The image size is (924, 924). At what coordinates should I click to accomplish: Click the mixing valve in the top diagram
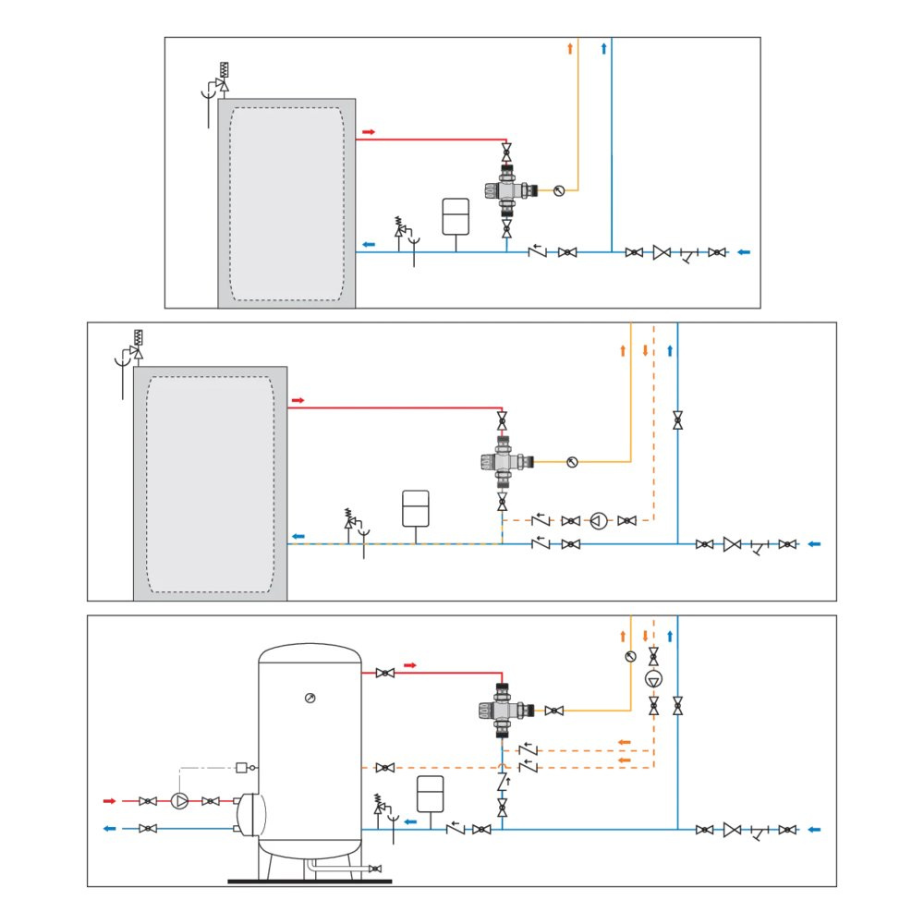tap(505, 189)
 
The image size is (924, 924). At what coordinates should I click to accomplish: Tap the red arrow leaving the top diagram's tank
tap(368, 132)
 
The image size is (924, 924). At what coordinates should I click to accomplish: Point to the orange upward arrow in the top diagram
tap(570, 48)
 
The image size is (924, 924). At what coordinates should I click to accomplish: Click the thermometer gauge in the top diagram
tap(558, 191)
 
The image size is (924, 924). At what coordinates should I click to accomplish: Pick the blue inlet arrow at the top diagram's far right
tap(744, 251)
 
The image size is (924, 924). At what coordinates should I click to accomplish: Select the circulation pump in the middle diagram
tap(599, 521)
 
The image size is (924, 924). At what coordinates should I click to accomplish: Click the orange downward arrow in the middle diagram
tap(645, 351)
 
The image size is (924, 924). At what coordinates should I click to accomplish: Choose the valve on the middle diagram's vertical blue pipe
tap(677, 420)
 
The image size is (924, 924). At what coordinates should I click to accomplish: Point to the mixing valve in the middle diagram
tap(502, 459)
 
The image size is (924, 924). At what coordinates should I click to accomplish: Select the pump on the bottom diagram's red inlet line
tap(179, 801)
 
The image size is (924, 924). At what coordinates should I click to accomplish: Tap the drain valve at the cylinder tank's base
tap(374, 869)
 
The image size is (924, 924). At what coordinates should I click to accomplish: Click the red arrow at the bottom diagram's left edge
tap(109, 801)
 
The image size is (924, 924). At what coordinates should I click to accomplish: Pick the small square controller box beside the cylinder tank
tap(242, 767)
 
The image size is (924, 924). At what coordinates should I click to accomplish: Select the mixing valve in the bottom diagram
tap(501, 710)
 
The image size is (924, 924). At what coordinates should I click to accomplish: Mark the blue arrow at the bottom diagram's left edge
tap(109, 829)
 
